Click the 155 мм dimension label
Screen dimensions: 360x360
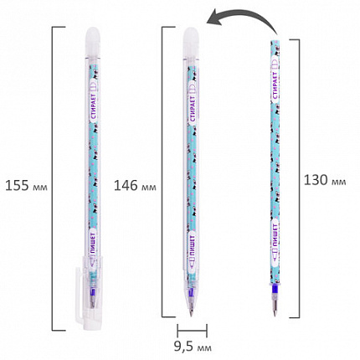(x=26, y=186)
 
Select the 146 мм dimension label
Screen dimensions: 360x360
(x=135, y=186)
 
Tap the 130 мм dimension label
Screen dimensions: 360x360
(x=325, y=180)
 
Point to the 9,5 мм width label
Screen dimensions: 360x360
(x=193, y=347)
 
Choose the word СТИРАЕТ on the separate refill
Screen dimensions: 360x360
(x=275, y=85)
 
